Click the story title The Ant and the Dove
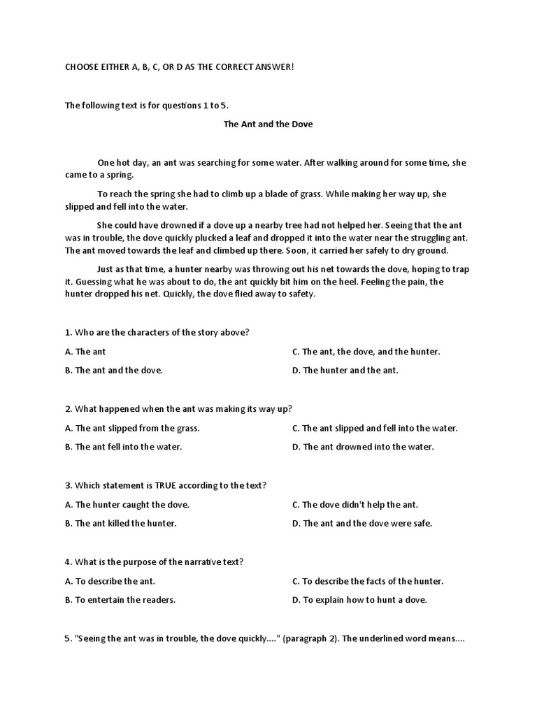(x=268, y=124)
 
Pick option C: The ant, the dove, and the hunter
(x=366, y=352)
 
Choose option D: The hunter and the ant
(x=345, y=371)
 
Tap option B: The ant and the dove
(x=114, y=371)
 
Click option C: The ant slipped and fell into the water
(x=375, y=428)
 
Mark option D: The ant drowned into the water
(x=363, y=447)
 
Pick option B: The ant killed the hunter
(x=121, y=523)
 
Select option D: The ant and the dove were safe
(x=362, y=523)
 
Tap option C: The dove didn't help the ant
(x=355, y=504)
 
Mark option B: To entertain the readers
(x=120, y=600)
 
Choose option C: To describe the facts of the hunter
(x=368, y=581)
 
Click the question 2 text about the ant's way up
(x=178, y=409)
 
